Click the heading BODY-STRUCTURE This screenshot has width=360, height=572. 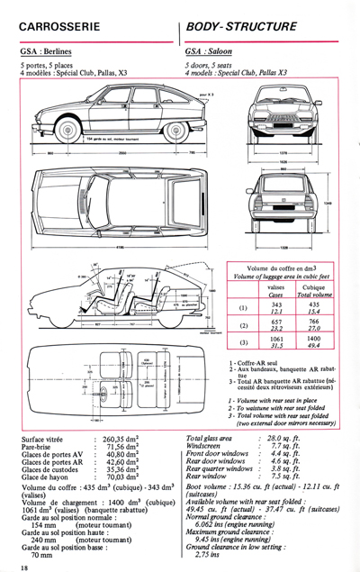tap(240, 27)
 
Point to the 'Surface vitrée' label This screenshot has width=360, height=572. tap(43, 439)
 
